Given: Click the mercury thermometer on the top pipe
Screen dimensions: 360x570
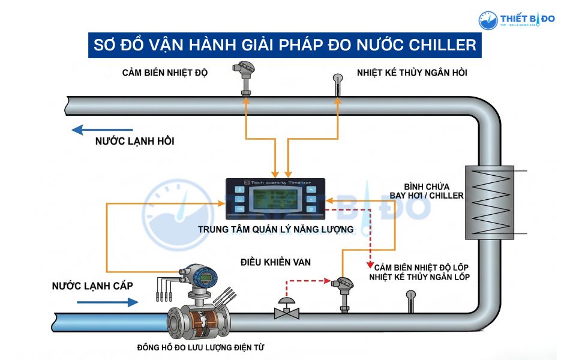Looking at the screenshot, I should (x=338, y=84).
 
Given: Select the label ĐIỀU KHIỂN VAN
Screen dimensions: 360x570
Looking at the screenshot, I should (x=276, y=262).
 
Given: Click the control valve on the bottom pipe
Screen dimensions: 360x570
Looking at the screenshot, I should (x=287, y=309).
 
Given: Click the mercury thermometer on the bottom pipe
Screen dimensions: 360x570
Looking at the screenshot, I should (x=411, y=300).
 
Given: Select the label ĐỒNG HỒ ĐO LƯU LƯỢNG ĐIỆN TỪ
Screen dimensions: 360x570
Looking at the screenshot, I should (x=201, y=347).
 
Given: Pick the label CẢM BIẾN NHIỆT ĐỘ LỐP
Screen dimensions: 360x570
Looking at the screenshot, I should (x=422, y=266).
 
